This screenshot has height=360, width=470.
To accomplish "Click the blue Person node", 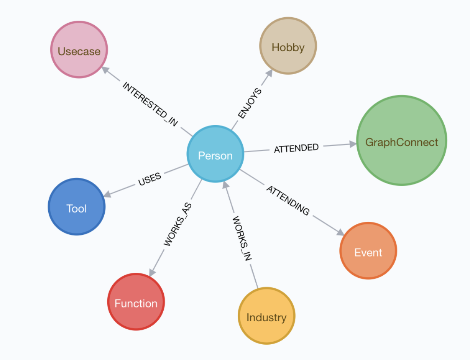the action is (215, 154).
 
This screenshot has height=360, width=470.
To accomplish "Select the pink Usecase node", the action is (79, 49).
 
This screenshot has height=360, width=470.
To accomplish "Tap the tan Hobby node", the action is (288, 46).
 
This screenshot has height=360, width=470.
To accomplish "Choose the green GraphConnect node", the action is (402, 141).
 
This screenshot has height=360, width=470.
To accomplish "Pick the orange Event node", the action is (368, 251).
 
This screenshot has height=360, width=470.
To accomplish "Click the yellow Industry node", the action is (266, 316).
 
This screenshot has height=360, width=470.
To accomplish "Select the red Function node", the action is (136, 302).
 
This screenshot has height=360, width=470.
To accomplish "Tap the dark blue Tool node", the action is (77, 206).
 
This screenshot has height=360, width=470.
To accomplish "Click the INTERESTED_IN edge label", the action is (150, 104).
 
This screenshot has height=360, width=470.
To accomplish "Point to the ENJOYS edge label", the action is (250, 103).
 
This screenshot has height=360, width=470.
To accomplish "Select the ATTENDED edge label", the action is (296, 148).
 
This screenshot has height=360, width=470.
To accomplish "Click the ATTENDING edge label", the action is (288, 200).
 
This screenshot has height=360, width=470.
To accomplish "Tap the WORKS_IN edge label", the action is (242, 238).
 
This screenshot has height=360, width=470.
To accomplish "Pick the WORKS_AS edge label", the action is (177, 224).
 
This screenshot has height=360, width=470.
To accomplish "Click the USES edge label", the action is (150, 179).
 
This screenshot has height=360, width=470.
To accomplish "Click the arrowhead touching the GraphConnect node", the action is (353, 144).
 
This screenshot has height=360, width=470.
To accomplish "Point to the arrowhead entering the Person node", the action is (226, 185).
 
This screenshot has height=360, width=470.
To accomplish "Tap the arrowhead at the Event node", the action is (340, 232).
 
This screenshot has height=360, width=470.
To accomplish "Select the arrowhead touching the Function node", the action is (152, 273).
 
